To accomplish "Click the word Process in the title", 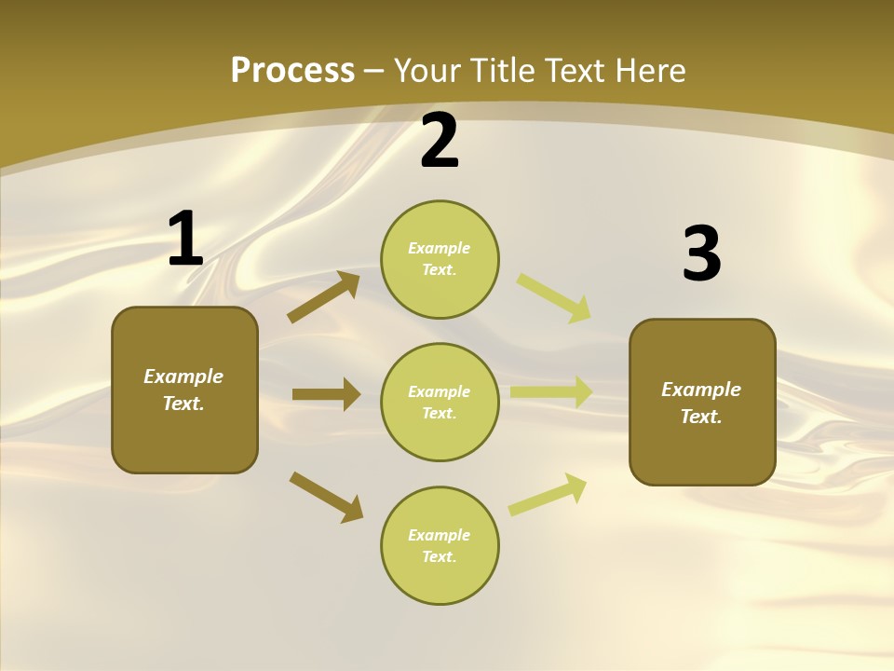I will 292,71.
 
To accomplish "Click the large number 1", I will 185,240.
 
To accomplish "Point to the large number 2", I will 440,142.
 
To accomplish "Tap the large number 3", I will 701,254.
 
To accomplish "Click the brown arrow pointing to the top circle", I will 324,297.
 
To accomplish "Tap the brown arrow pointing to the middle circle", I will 326,394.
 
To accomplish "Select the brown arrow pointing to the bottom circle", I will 326,497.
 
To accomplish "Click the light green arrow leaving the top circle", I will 554,298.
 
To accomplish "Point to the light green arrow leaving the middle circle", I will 551,392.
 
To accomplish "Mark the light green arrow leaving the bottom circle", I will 548,495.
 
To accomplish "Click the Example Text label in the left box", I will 183,390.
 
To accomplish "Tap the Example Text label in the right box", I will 701,403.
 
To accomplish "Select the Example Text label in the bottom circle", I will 439,545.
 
